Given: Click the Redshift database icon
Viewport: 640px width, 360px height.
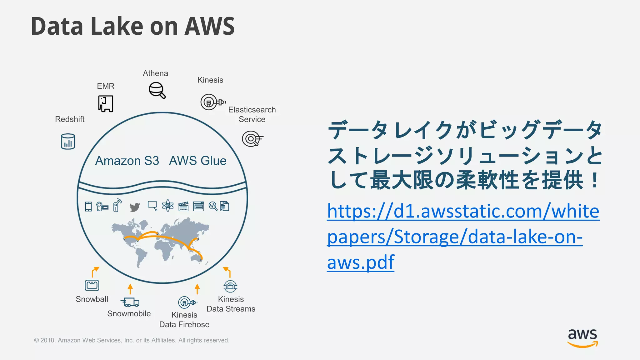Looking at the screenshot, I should (x=68, y=142).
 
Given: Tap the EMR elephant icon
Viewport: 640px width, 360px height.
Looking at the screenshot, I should (x=106, y=104).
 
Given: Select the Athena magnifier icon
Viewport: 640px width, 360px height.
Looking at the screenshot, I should (x=157, y=90).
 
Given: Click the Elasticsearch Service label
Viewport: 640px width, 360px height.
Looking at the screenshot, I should (x=252, y=114).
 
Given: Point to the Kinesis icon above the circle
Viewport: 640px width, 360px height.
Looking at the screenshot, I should (x=212, y=102).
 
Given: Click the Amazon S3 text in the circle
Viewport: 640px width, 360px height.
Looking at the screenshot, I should (x=127, y=161).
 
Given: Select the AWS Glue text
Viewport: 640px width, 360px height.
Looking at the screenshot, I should (x=197, y=161).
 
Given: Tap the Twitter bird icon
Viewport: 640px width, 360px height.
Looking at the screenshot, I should (x=135, y=207).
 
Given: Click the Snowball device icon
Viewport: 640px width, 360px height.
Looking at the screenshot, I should (x=92, y=285).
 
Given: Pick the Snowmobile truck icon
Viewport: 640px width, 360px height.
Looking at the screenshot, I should (x=130, y=302).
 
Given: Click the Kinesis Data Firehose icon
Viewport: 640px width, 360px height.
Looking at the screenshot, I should (x=187, y=302).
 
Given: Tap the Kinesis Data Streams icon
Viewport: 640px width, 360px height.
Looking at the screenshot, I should (x=230, y=286).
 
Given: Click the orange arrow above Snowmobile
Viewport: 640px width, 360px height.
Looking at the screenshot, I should (x=130, y=289).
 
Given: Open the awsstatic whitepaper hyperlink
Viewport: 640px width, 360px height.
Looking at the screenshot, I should (x=463, y=237).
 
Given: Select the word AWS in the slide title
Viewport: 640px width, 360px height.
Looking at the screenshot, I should (x=209, y=26).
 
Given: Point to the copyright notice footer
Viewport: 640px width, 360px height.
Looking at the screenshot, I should (x=132, y=340).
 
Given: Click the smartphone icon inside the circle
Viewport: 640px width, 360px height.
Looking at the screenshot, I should (x=88, y=207).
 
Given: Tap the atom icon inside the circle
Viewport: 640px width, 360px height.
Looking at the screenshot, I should (x=168, y=206).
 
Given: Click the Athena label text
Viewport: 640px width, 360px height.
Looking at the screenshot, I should (x=155, y=73).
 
